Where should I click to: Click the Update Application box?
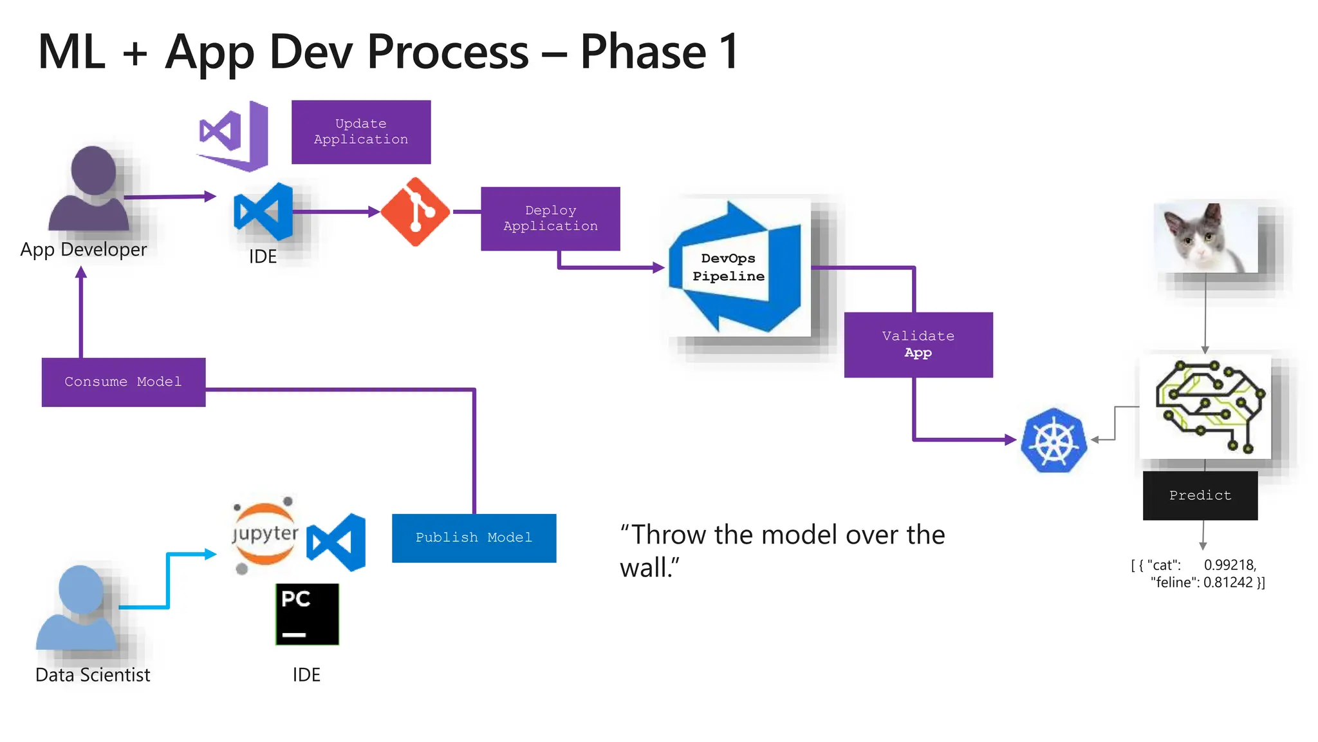click(361, 132)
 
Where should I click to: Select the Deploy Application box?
click(550, 218)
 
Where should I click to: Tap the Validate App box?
click(918, 345)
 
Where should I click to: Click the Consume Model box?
click(124, 382)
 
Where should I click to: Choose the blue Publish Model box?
click(474, 538)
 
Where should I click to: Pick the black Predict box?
click(1200, 495)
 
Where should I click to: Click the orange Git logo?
click(415, 212)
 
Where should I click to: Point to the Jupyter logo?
click(265, 535)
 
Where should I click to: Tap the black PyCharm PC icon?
click(307, 614)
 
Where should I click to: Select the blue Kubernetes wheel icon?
click(1053, 441)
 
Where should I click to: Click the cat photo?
click(1205, 238)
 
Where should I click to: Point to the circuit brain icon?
click(1206, 407)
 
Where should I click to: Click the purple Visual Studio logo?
click(233, 135)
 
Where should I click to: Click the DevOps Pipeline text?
click(729, 267)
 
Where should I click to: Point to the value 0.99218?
click(1230, 565)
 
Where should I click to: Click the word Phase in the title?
click(643, 52)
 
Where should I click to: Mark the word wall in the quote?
click(645, 568)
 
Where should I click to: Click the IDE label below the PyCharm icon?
click(306, 674)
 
